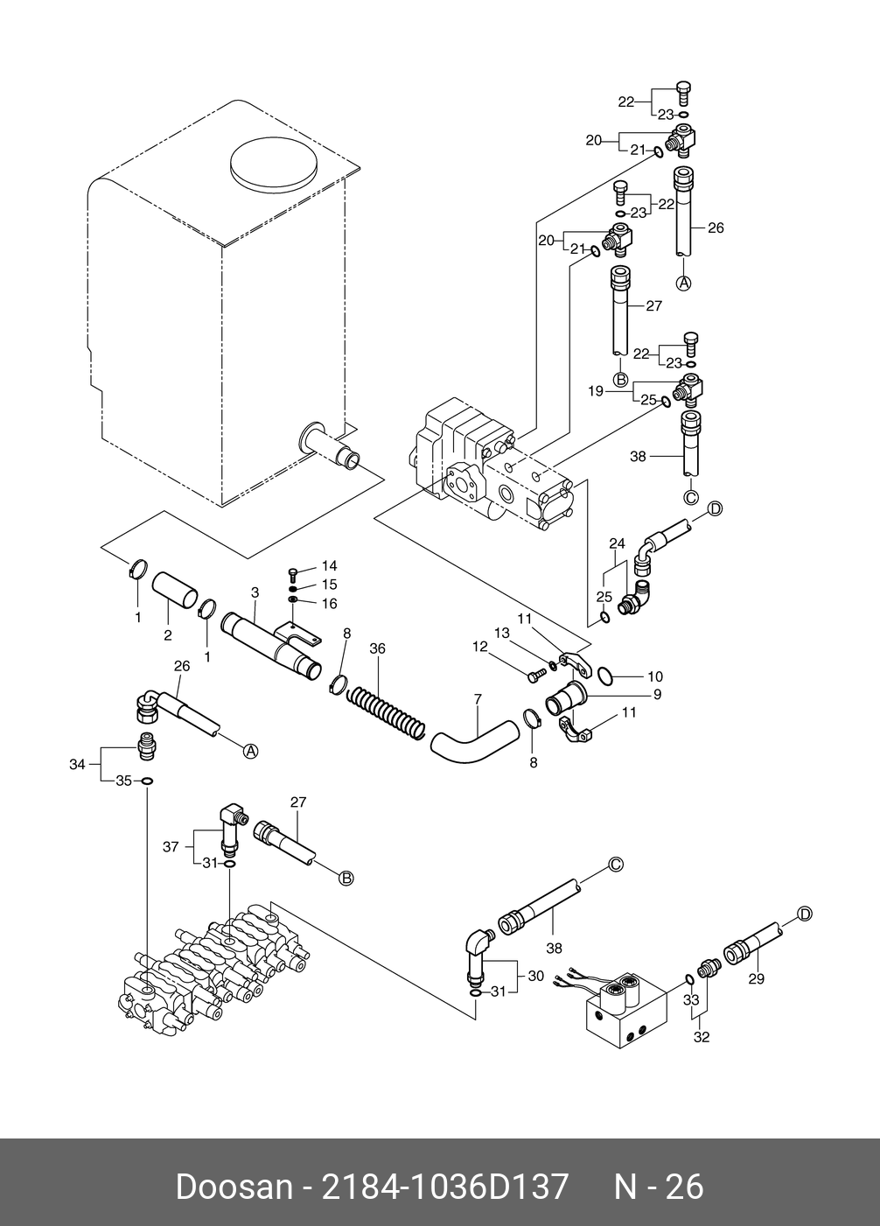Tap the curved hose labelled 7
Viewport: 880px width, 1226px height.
(x=474, y=742)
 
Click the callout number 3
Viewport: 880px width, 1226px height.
(x=255, y=592)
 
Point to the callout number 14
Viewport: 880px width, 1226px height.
(x=330, y=565)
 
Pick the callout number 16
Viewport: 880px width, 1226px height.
(x=330, y=603)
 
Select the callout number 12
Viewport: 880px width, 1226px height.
(x=480, y=647)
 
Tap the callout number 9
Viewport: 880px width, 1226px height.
(x=658, y=694)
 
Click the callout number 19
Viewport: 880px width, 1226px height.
(x=596, y=391)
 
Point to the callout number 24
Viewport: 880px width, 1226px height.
(x=618, y=543)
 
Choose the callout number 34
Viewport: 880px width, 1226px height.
(x=77, y=764)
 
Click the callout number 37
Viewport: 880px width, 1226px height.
(x=171, y=846)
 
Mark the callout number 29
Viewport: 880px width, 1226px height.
(x=757, y=978)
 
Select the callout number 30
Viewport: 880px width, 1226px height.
(x=536, y=976)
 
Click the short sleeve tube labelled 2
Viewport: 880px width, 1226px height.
(x=175, y=590)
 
